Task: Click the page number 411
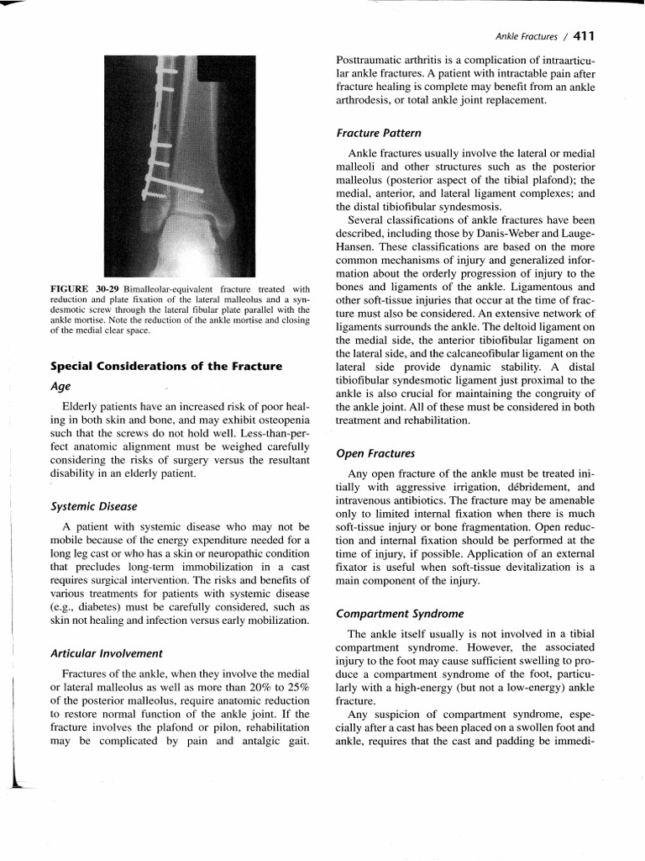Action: coord(581,35)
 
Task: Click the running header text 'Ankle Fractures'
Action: coord(526,36)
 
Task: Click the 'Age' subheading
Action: coord(60,386)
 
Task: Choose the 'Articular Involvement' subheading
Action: coord(106,652)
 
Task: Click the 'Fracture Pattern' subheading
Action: coord(379,133)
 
